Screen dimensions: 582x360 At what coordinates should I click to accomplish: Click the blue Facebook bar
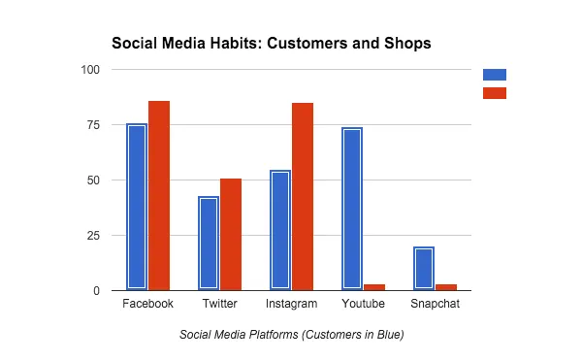pos(137,207)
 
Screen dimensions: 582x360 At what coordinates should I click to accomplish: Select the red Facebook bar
pos(159,196)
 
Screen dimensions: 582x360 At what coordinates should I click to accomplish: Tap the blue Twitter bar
pos(209,244)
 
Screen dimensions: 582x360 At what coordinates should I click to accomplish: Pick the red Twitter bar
pos(231,235)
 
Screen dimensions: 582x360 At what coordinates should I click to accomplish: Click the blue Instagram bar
pos(280,230)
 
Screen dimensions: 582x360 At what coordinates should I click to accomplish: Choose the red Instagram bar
pos(303,197)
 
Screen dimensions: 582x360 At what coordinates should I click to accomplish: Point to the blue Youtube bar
pos(352,209)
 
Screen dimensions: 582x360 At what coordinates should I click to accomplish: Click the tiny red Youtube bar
pos(374,287)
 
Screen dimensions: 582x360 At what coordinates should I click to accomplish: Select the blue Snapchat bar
pos(424,269)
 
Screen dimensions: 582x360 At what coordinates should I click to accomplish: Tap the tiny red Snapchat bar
pos(446,287)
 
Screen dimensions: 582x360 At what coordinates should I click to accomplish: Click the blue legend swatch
pos(495,75)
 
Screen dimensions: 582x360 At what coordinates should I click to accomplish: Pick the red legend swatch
pos(495,93)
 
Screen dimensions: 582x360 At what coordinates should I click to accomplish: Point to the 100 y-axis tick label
pos(90,70)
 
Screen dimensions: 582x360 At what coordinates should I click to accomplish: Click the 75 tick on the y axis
pos(93,125)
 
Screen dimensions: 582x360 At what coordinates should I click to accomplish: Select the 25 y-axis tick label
pos(93,236)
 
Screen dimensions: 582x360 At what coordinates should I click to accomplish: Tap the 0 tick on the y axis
pos(96,291)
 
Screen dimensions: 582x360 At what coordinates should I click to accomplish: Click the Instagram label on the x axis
pos(291,304)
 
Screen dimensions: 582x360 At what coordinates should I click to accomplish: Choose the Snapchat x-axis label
pos(435,304)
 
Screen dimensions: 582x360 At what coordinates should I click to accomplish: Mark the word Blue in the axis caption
pos(391,335)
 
